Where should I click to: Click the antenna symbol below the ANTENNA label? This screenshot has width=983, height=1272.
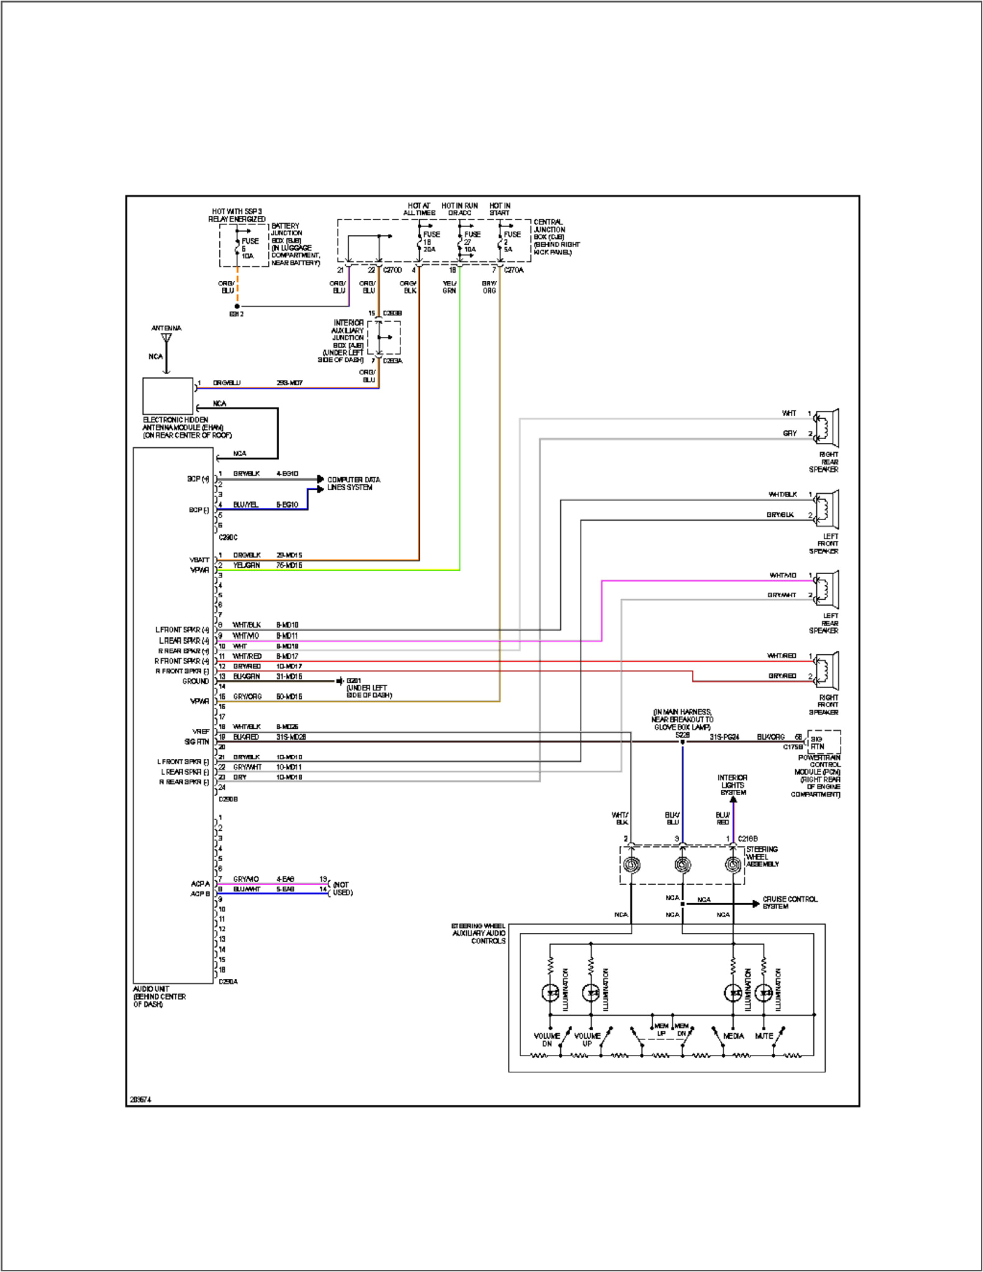click(166, 339)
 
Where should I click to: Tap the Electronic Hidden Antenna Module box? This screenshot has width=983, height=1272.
click(168, 396)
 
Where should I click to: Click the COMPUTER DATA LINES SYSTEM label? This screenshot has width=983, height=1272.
click(353, 483)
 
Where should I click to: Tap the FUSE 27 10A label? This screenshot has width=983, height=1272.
click(471, 241)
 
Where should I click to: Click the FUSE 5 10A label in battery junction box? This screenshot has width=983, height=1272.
click(249, 248)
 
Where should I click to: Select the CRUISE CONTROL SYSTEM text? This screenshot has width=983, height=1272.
click(790, 902)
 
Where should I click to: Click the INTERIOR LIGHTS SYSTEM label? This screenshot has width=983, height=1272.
click(732, 785)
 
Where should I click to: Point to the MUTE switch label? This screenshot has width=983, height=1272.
click(764, 1036)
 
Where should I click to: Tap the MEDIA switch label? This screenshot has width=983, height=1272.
click(734, 1036)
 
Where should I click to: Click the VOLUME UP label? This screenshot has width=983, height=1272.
click(587, 1039)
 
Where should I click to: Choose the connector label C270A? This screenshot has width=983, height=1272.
click(514, 270)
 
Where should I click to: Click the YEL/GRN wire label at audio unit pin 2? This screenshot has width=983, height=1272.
click(246, 565)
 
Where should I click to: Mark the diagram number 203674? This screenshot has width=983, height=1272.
click(141, 1100)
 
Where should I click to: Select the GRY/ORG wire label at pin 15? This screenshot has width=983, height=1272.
click(247, 697)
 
